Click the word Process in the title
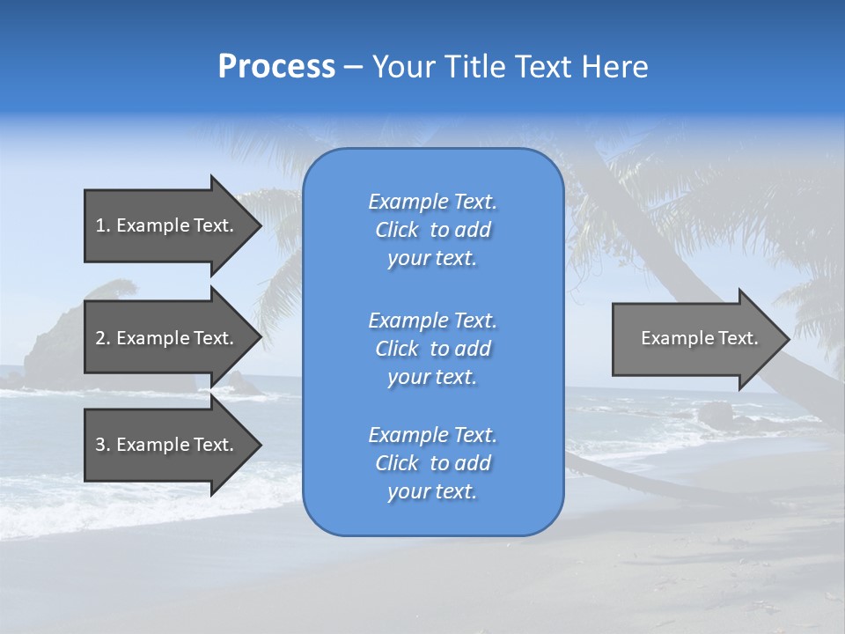(276, 67)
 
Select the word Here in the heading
(614, 67)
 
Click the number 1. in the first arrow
(103, 225)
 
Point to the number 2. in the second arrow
(103, 338)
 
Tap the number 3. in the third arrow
(103, 445)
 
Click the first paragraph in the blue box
(432, 230)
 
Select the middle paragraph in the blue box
(432, 349)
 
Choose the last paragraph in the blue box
(432, 463)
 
